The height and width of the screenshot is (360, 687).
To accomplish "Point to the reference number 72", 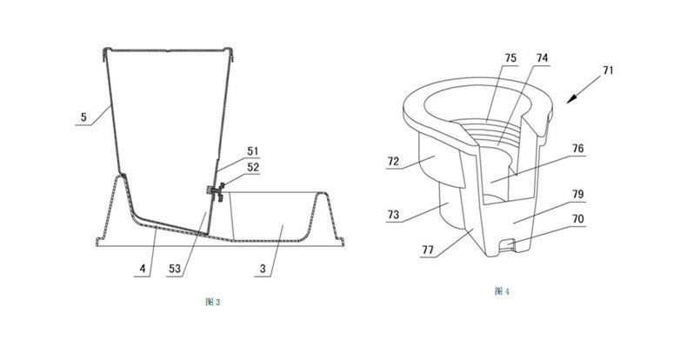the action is [x=395, y=162].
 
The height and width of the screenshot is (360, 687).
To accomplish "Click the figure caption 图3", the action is [x=212, y=301].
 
